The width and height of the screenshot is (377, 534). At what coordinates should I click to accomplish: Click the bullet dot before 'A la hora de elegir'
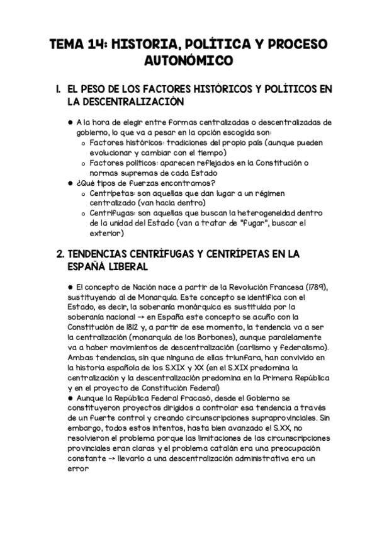(70, 123)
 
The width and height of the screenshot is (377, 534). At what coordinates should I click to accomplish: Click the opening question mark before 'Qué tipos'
(77, 183)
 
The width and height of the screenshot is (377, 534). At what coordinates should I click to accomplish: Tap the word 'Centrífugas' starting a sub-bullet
(111, 213)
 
